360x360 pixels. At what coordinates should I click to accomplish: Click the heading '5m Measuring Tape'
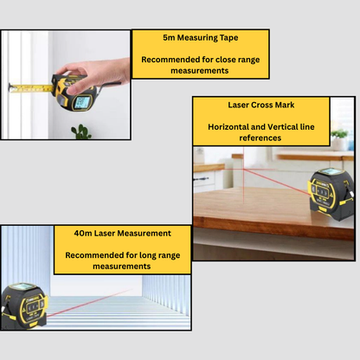click(x=201, y=38)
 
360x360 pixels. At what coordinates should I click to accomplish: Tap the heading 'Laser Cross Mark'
click(x=261, y=105)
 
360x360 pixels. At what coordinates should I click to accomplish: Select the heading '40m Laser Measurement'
click(x=123, y=234)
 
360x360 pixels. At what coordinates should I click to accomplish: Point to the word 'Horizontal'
click(x=228, y=127)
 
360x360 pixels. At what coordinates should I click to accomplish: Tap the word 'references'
click(x=260, y=138)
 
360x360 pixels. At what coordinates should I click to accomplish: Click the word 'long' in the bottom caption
click(x=148, y=256)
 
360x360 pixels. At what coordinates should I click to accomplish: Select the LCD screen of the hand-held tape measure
click(x=82, y=102)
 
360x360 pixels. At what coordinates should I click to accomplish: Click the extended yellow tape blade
click(x=32, y=87)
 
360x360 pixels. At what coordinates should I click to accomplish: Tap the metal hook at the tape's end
click(x=10, y=87)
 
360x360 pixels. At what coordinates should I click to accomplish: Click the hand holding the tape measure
click(x=93, y=74)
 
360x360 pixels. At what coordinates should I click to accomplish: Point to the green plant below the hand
click(x=81, y=132)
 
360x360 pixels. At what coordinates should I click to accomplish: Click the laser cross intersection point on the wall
click(x=244, y=169)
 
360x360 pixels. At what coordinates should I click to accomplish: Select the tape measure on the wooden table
click(x=331, y=194)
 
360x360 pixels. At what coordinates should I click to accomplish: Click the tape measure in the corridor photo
click(x=24, y=305)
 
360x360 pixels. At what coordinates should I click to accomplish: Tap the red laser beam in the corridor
click(x=89, y=303)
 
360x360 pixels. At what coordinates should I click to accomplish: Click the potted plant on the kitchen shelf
click(x=339, y=139)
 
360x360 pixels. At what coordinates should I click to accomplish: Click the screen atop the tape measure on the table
click(x=332, y=172)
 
